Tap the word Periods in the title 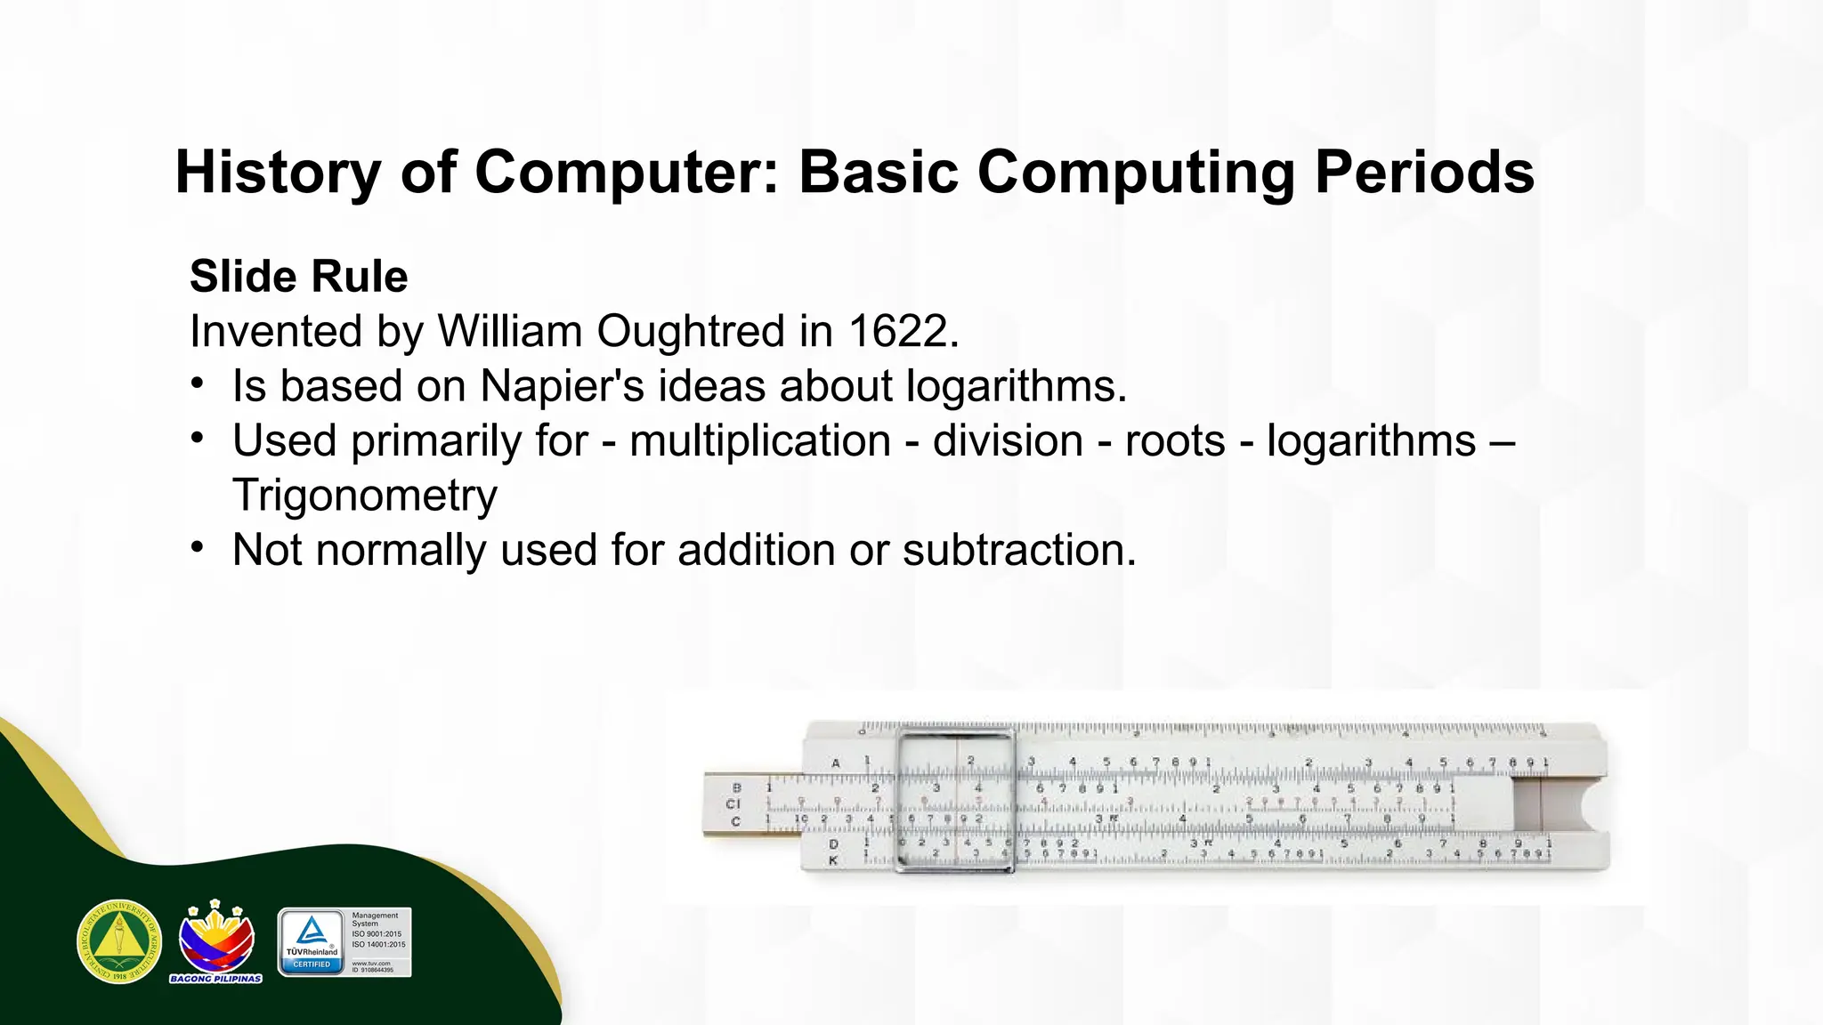tap(1424, 172)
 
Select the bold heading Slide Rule tap(298, 276)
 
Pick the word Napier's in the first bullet tap(562, 386)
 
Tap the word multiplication tap(760, 441)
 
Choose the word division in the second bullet tap(1008, 441)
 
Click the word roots tap(1175, 441)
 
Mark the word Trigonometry tap(365, 496)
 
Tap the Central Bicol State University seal tap(119, 941)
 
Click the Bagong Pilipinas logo tap(216, 941)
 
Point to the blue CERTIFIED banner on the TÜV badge tap(312, 964)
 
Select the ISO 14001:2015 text tap(378, 945)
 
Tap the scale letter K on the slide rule tap(833, 860)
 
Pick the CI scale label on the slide tap(733, 803)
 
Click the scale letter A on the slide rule tap(836, 763)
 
